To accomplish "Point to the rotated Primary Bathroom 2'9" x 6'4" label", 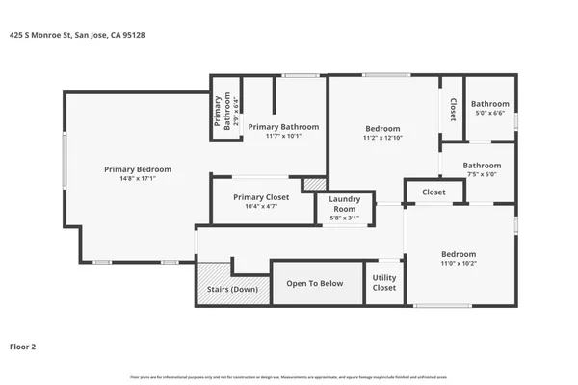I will pos(225,109).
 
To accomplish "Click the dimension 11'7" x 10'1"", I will pos(283,136).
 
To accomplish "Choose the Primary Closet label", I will pos(262,196).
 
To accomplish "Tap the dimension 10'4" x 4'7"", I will pos(262,206).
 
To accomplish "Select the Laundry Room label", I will pos(346,205).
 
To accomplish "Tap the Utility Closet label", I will pos(384,283).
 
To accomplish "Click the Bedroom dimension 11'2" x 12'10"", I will pos(382,138).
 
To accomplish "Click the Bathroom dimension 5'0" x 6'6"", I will pos(489,113).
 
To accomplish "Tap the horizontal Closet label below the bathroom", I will pos(433,192).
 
